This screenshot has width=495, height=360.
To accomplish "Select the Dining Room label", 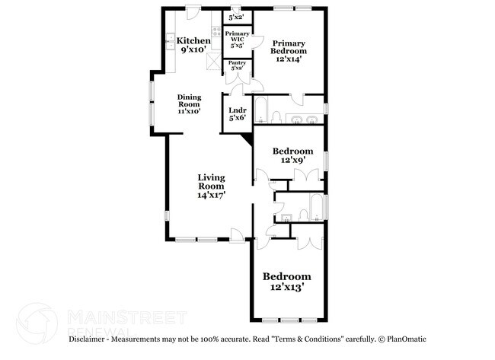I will point(188,104).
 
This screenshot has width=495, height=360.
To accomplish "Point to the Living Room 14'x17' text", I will point(211,186).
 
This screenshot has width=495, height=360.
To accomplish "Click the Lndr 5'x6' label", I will point(237,113).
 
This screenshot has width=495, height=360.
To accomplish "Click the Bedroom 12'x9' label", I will point(292,155).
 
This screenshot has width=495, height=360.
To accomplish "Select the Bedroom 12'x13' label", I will point(287,282).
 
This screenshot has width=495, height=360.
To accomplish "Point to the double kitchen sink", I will point(168,42).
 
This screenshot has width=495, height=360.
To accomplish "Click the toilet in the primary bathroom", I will point(278,116).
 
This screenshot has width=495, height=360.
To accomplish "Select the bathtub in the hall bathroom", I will point(314,208).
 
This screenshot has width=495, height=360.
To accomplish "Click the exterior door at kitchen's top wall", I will point(193,12).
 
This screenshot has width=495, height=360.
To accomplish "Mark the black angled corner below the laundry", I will point(246,139).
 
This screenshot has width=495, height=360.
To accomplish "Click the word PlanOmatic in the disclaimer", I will point(407,339).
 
